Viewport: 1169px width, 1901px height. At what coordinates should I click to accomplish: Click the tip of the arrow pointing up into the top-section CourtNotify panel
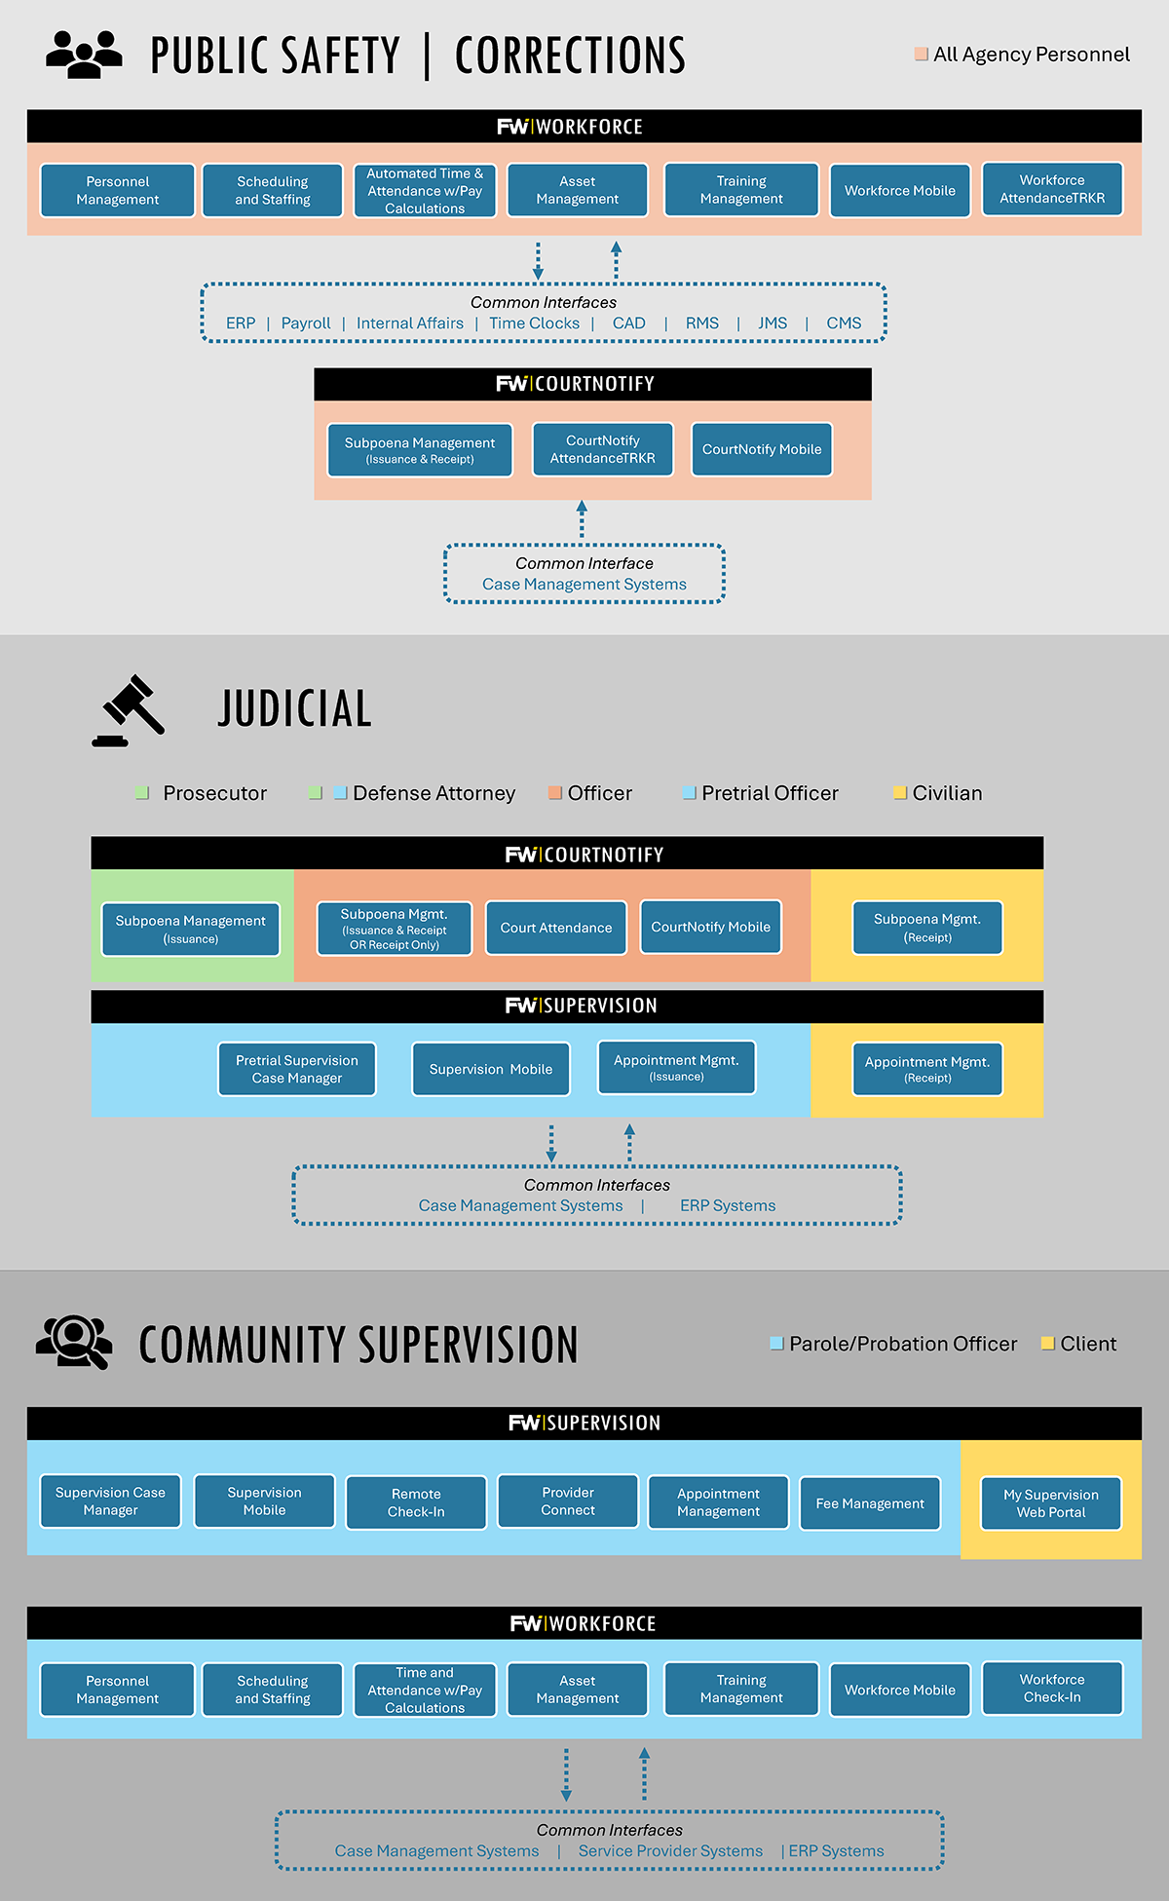[x=582, y=501]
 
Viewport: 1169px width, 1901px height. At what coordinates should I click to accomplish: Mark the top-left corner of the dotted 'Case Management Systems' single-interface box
[x=445, y=546]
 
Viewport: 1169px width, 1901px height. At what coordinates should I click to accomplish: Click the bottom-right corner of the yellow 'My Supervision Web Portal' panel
[x=1142, y=1559]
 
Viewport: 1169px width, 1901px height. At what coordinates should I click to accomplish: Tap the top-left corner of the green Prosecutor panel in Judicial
[x=92, y=869]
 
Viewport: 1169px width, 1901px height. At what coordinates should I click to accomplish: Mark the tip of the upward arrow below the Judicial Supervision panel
[x=629, y=1123]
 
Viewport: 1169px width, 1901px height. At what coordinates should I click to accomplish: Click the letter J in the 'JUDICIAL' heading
[x=227, y=708]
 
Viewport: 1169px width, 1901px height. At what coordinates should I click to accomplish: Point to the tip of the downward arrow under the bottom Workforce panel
[x=566, y=1802]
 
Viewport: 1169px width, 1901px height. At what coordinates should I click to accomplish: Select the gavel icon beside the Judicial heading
[x=129, y=710]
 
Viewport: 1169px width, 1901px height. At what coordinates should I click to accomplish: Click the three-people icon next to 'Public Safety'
[x=85, y=55]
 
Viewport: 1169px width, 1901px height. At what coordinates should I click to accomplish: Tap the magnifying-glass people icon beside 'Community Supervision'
[x=74, y=1343]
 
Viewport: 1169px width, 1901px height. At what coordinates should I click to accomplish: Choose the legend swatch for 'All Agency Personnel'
[x=921, y=54]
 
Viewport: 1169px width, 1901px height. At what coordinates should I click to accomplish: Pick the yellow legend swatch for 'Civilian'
[x=900, y=793]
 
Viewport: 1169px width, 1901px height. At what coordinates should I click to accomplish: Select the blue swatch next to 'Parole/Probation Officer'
[x=776, y=1344]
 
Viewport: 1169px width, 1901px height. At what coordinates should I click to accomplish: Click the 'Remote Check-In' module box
[x=416, y=1502]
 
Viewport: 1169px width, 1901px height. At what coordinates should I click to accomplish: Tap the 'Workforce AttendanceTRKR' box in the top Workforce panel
[x=1052, y=189]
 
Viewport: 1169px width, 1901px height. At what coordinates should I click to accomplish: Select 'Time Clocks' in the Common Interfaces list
[x=534, y=323]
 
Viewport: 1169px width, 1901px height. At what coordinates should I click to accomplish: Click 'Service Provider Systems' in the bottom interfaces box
[x=670, y=1851]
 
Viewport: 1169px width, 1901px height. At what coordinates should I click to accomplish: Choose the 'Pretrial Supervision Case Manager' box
[x=297, y=1069]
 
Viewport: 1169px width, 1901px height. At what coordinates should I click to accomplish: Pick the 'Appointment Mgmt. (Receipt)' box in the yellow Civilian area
[x=927, y=1069]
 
